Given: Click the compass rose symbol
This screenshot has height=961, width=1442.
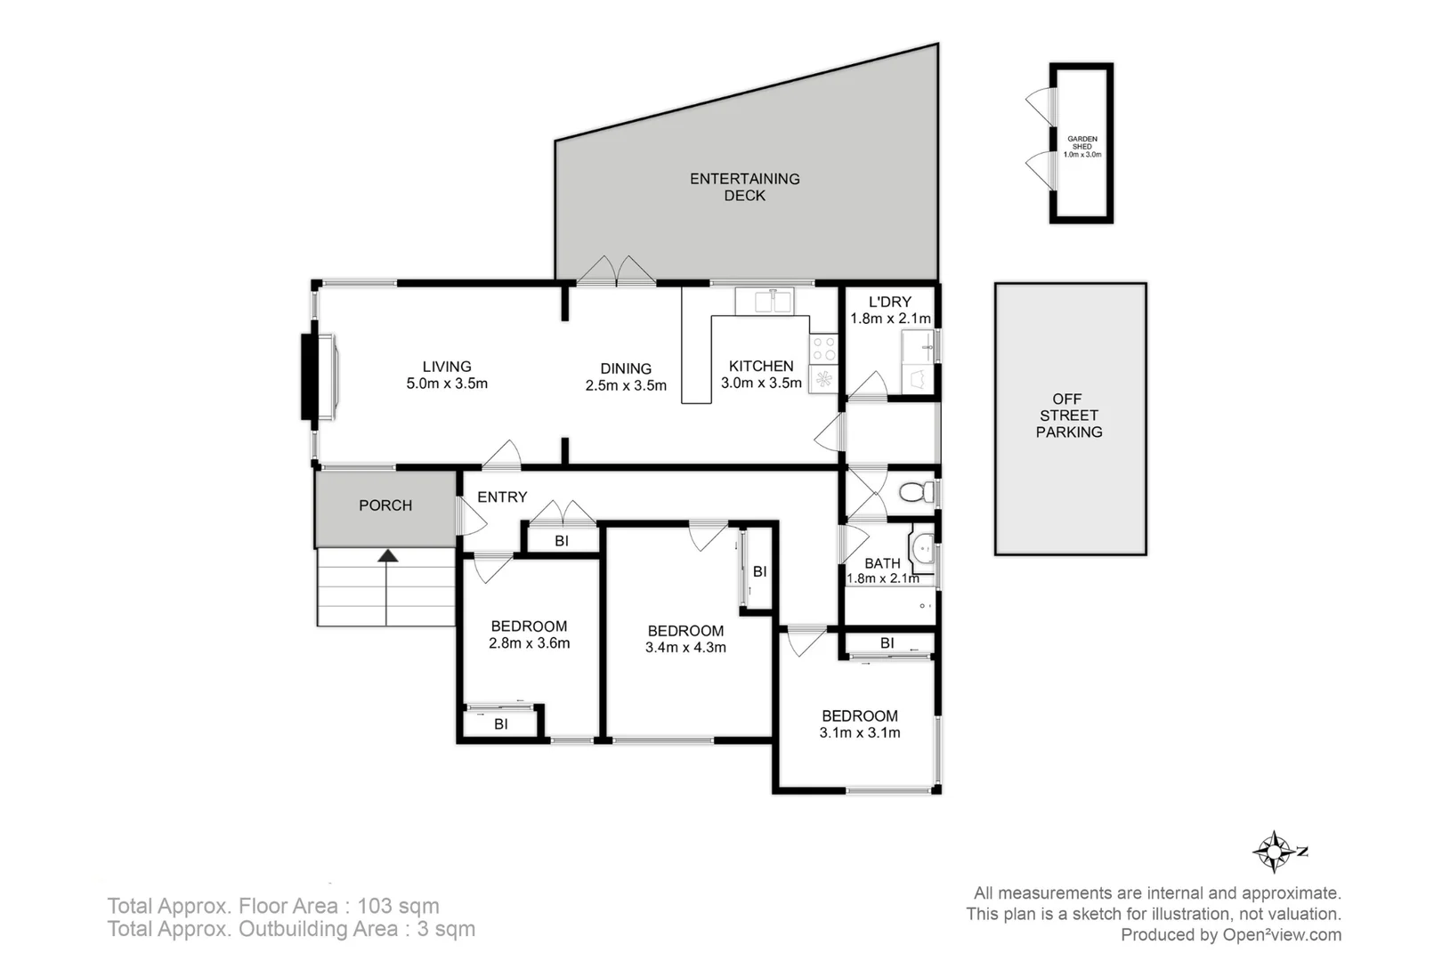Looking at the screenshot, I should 1276,852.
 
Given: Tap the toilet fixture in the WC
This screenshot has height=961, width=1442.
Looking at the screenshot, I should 916,492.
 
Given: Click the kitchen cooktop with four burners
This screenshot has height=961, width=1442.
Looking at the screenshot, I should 823,348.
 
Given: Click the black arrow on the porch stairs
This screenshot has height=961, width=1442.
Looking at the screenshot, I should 387,556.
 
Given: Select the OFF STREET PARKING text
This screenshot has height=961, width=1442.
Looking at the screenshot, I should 1069,416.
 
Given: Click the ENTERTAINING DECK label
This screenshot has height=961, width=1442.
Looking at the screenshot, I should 745,187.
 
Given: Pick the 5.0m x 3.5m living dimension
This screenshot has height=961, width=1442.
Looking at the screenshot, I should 447,384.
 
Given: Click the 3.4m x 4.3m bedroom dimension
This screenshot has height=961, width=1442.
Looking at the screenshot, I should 685,648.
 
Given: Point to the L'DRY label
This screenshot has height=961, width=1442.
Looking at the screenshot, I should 890,302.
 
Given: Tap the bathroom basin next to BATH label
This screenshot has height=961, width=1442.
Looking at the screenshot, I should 922,548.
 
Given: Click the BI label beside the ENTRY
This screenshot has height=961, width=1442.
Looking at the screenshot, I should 562,541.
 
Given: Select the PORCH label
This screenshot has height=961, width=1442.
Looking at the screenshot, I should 385,505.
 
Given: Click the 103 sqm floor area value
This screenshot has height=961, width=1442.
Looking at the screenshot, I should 398,906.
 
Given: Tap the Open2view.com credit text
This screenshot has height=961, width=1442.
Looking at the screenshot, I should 1282,934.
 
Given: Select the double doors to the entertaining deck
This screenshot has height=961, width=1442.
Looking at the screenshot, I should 617,271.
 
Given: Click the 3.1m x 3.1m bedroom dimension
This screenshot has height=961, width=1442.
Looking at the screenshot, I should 860,733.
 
